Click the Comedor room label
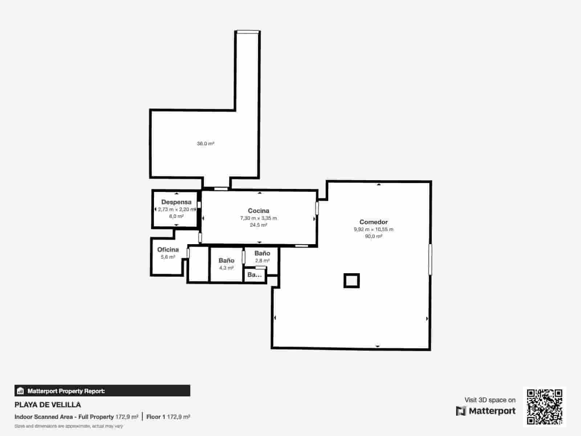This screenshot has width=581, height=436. point(373,222)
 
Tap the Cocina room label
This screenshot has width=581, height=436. point(259,211)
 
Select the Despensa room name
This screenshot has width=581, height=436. point(176,202)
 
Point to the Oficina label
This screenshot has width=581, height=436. point(168,250)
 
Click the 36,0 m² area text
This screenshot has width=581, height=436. point(206,144)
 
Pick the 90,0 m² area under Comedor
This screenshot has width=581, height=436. point(373,236)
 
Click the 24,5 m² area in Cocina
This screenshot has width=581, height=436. point(258,225)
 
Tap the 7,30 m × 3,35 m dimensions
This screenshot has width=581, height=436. point(258,218)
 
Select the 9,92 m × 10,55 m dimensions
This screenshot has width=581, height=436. point(373,229)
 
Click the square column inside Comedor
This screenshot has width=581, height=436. point(352,280)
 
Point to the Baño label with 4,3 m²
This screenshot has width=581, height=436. point(226,261)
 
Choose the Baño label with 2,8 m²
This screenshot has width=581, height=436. point(262,253)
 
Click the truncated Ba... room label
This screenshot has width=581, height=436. point(254,275)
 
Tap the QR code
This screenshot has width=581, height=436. point(544,407)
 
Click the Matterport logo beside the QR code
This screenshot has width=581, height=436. point(486,411)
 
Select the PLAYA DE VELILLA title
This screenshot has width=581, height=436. point(48,405)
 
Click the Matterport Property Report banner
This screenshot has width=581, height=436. point(102,391)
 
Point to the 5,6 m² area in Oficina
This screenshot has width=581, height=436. point(168,257)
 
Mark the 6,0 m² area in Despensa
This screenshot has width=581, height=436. point(176,216)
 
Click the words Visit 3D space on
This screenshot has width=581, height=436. point(490,400)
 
